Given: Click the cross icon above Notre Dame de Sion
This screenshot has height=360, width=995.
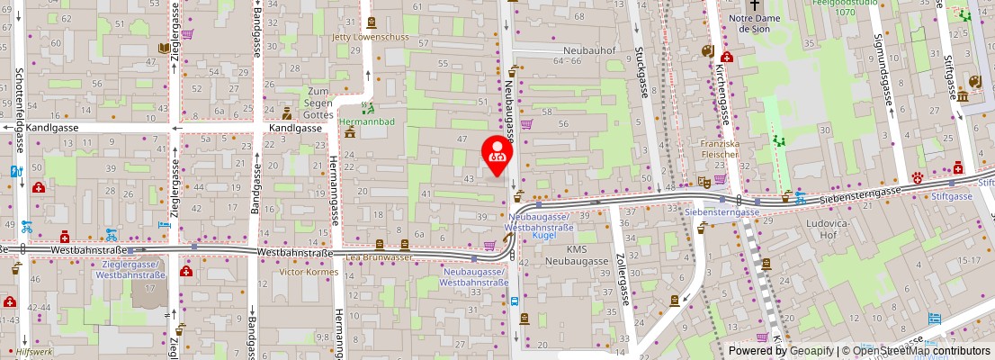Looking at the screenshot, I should point(754,5).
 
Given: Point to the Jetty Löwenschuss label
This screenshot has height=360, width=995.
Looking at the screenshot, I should point(371,38).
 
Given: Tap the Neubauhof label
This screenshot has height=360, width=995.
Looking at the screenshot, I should point(587,50).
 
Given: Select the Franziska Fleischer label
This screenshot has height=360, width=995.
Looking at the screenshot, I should point(720,148).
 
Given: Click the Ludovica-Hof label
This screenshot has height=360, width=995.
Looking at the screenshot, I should point(820,228).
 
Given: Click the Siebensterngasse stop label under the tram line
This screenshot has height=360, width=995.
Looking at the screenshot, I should point(723,211).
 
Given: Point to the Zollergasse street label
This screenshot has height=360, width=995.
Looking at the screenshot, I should point(620,279).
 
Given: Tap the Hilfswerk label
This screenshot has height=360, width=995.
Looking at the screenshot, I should point(35,353).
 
